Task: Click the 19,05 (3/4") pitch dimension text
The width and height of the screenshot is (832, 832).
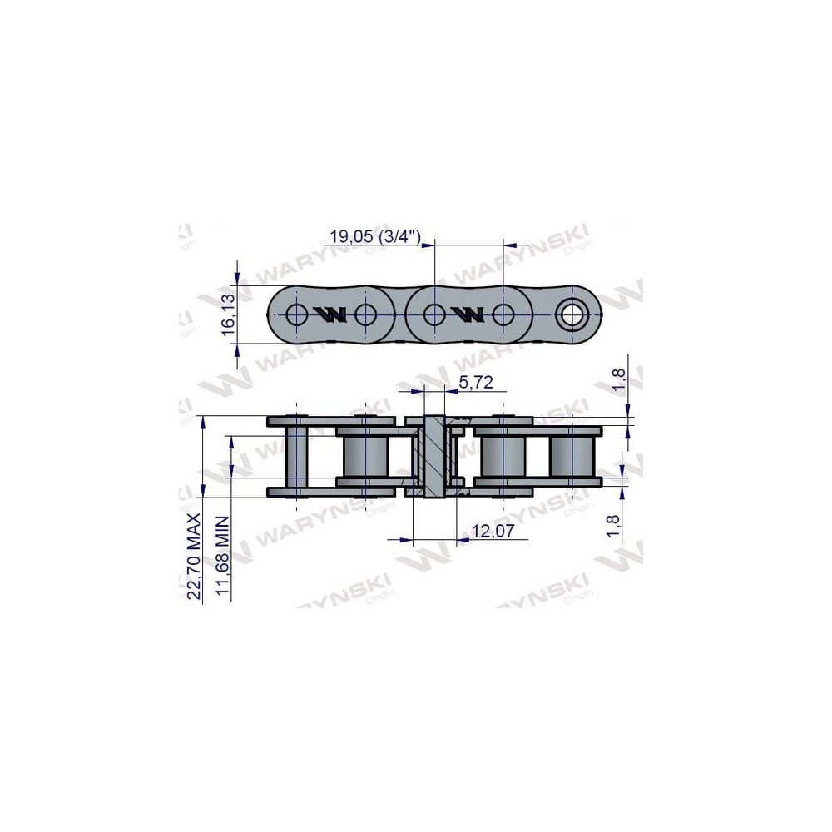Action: coord(376,236)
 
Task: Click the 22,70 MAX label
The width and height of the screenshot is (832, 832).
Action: coord(194,557)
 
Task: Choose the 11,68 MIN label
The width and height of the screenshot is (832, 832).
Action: coord(221,557)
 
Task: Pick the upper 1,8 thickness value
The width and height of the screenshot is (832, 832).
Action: coord(617,379)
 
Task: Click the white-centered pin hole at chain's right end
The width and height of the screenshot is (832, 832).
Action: coord(572,314)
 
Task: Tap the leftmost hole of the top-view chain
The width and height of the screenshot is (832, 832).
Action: coord(295,314)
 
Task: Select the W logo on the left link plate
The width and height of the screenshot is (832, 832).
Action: coord(330,314)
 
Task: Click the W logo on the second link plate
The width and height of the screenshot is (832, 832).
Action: coord(468,314)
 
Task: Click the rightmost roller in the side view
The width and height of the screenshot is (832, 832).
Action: coord(572,456)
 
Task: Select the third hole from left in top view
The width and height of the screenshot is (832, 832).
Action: coord(433,314)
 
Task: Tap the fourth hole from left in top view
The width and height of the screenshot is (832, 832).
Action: coord(503,314)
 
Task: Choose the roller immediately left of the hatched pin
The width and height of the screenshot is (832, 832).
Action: coord(365,456)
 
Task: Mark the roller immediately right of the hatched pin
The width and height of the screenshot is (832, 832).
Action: coord(503,456)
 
